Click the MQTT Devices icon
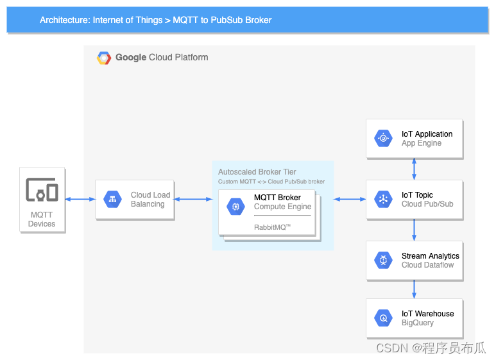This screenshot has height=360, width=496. coord(42,190)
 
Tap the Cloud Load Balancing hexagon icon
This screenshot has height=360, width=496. coord(113,200)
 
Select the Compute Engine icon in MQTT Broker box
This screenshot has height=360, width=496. coord(235,207)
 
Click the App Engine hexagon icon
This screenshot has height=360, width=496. coord(383,139)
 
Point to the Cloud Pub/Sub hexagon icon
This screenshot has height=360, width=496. coord(383,200)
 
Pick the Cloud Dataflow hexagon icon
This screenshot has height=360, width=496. coord(383,261)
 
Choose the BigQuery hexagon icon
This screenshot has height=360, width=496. coord(383,318)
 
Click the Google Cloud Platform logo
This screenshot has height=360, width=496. coord(104,58)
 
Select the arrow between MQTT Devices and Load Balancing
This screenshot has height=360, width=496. coord(80,200)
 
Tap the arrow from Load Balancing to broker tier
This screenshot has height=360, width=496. coord(193,200)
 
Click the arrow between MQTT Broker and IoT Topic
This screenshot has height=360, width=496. coord(350,200)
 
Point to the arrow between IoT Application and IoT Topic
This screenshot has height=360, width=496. coord(414,169)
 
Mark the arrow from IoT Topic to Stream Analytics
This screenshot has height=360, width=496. coord(414,230)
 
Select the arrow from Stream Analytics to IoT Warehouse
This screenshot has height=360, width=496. coord(414,289)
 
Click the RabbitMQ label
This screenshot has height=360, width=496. coord(272,227)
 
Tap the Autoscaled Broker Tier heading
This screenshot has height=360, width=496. coord(257,172)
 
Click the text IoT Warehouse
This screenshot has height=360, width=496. coord(427,314)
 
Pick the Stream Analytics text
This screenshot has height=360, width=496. coord(430,256)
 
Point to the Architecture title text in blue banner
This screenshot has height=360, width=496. coord(156,20)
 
